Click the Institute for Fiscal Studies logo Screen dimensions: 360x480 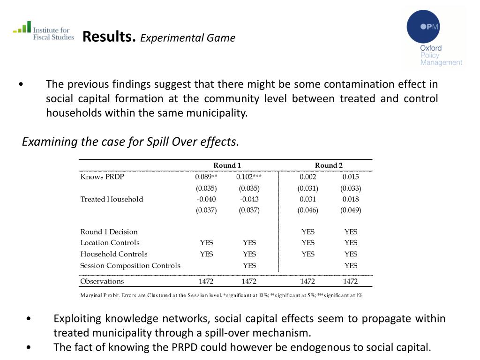[x=43, y=31]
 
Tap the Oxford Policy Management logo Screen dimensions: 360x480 [x=434, y=39]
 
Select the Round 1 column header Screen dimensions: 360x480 [x=227, y=165]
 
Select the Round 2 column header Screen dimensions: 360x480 [x=329, y=165]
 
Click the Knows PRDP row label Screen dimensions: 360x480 [x=102, y=177]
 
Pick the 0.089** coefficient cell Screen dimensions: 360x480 [x=206, y=177]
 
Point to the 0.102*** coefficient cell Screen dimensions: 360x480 [x=249, y=177]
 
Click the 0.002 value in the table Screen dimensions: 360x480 [x=308, y=177]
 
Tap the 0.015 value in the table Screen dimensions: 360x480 [x=351, y=177]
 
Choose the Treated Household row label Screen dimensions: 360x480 [x=112, y=199]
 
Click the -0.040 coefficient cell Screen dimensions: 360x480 [x=206, y=199]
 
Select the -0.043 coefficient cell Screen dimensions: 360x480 [x=249, y=199]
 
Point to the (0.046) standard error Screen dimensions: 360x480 [x=308, y=210]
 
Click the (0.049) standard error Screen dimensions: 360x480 [x=351, y=210]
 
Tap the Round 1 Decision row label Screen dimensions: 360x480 [x=109, y=232]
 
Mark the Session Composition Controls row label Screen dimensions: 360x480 [x=130, y=265]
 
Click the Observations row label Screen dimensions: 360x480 [x=102, y=281]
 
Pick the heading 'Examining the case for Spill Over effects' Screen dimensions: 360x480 [x=131, y=141]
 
